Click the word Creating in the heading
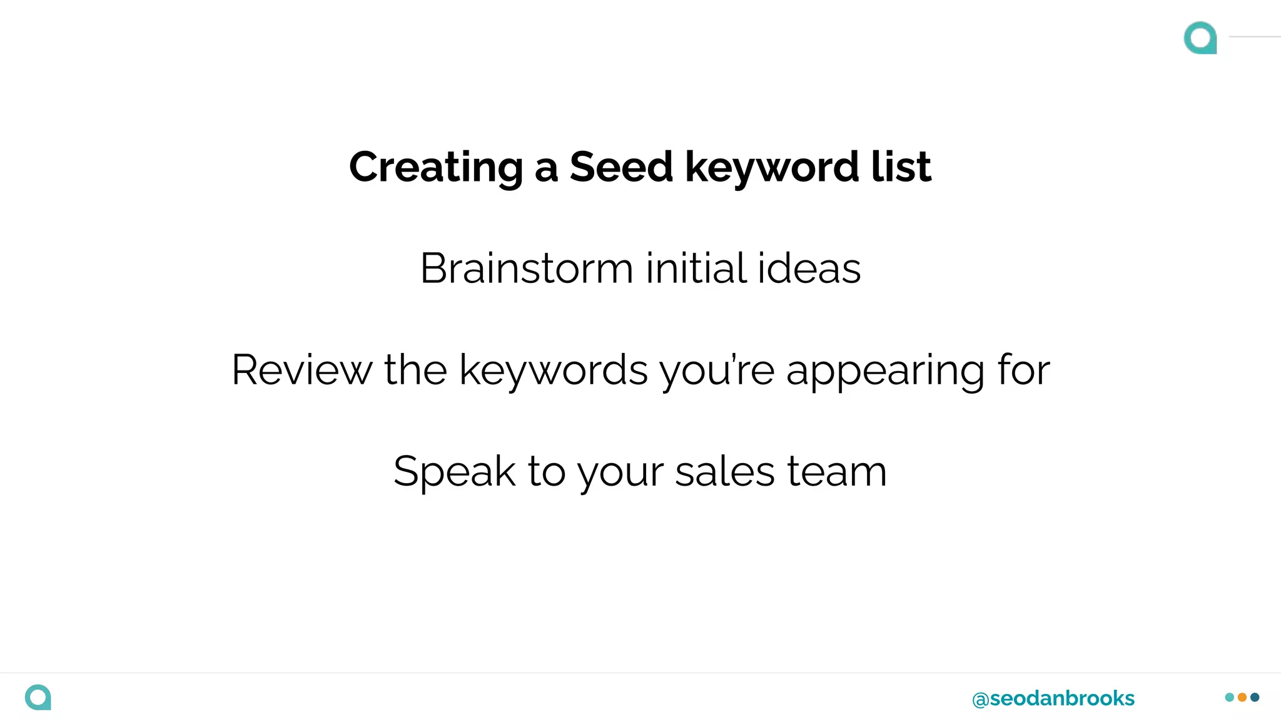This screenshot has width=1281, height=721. click(x=435, y=168)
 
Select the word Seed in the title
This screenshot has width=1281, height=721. click(x=620, y=167)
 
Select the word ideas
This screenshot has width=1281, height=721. click(x=809, y=268)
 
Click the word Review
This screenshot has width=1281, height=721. click(x=301, y=370)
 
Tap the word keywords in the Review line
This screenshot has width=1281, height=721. click(x=553, y=371)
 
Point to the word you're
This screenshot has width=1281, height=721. click(x=717, y=371)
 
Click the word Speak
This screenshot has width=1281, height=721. click(x=454, y=471)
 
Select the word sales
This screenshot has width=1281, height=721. click(x=725, y=471)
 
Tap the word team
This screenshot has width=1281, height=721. click(x=837, y=471)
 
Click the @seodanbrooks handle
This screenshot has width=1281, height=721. click(x=1053, y=698)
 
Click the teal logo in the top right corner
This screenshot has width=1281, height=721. click(x=1200, y=38)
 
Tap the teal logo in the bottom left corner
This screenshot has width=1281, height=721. click(x=38, y=697)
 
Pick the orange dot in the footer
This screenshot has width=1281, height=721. click(x=1242, y=697)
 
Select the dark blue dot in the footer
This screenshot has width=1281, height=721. click(x=1255, y=697)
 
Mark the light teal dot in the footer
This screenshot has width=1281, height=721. click(x=1230, y=697)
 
